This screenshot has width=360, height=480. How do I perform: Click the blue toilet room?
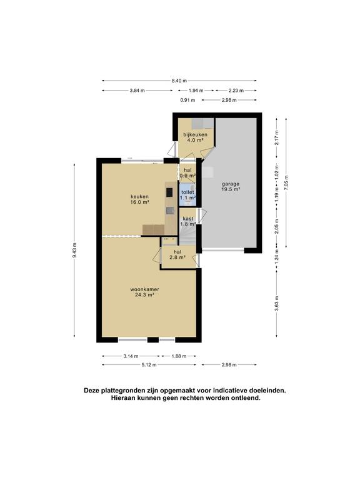(187, 194)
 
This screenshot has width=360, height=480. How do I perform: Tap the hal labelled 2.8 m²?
(177, 254)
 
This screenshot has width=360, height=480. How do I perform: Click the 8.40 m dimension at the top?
(179, 81)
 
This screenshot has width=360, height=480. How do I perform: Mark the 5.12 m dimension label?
(148, 365)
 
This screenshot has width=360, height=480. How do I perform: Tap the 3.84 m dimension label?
(137, 91)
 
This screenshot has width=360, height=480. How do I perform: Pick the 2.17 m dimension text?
(276, 136)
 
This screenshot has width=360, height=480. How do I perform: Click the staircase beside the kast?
(188, 239)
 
